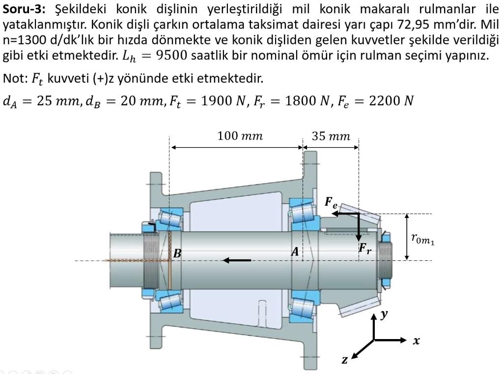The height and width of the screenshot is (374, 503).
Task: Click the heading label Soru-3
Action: tap(23, 8)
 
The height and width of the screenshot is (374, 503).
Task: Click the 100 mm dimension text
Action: tap(240, 135)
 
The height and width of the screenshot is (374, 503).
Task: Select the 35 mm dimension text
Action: tap(331, 135)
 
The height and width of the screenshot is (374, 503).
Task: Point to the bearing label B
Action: tap(177, 254)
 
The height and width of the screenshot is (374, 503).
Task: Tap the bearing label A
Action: tap(295, 252)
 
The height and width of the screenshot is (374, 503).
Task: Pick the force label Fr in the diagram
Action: tap(364, 249)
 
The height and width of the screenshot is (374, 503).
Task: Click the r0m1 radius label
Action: tap(422, 239)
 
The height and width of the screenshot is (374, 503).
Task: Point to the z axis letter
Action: tap(345, 361)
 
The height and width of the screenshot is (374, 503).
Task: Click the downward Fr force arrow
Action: tap(359, 226)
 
